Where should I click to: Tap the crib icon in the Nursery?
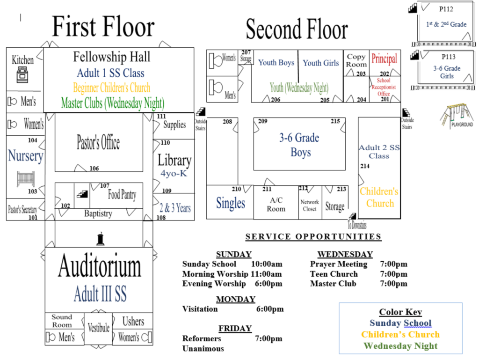point(26,178)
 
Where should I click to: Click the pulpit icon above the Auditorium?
point(100,239)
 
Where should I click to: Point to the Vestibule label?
point(98,328)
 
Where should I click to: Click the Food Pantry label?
point(122,195)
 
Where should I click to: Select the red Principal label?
point(384,59)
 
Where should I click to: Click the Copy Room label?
point(356,60)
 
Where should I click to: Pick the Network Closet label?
point(310,205)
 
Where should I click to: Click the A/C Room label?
point(276,205)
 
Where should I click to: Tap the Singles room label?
point(230,203)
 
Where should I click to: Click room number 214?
point(364,166)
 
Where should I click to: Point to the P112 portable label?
point(446,8)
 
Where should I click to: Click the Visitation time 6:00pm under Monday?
point(269,309)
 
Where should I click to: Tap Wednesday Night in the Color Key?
point(400,346)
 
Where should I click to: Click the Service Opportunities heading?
point(313,237)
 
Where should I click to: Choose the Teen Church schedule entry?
point(334,274)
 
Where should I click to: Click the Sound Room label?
point(62,321)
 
